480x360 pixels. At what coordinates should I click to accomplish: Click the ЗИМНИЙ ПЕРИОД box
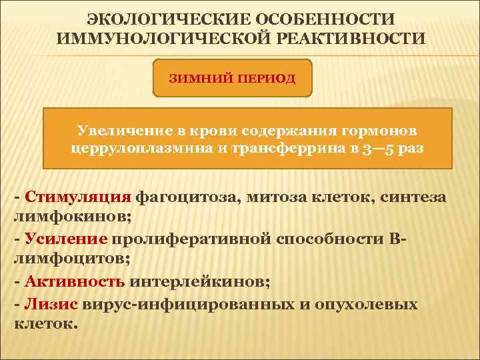[x=233, y=77]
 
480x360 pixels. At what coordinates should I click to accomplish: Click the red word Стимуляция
[x=78, y=197]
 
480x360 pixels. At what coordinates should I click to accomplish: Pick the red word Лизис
[x=51, y=304]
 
